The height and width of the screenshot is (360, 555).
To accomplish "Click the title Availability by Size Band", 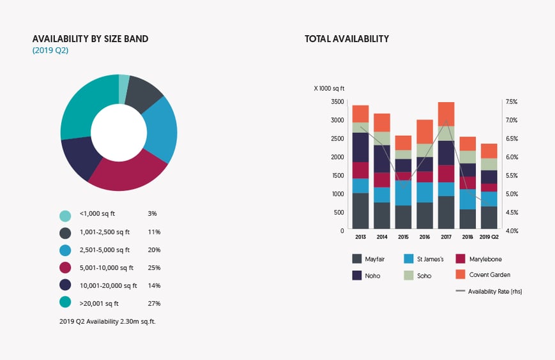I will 90,39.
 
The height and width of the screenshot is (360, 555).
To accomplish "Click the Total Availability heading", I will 347,39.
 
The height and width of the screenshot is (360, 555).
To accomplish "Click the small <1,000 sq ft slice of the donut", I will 123,81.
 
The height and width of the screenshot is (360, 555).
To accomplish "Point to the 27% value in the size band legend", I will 154,303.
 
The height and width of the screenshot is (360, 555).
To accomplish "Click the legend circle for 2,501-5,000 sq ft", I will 65,250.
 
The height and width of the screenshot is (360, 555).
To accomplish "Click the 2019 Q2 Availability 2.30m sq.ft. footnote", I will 107,321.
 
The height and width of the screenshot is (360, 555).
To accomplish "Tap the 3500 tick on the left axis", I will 338,102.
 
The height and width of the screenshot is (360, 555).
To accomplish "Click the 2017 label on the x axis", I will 446,237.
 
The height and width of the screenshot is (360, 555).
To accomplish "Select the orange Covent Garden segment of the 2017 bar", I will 446,112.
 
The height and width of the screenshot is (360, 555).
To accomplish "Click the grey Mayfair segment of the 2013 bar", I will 360,211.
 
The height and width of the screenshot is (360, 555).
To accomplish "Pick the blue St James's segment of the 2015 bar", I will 403,192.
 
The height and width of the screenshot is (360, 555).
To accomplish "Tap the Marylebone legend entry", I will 485,259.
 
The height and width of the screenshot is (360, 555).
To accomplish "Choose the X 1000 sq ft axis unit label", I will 329,88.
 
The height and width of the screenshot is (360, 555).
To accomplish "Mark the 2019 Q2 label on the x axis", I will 489,237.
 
